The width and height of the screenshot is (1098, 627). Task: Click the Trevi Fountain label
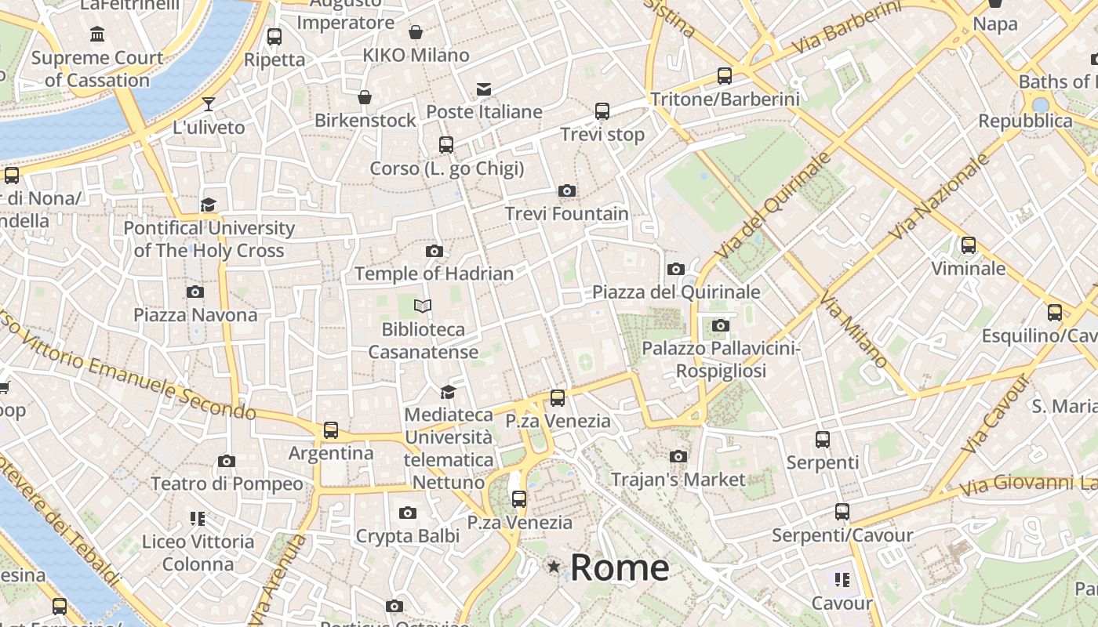[566, 213]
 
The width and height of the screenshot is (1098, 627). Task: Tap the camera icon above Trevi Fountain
[566, 190]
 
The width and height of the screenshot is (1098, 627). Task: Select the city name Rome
[620, 567]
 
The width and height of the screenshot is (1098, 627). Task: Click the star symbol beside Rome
[554, 566]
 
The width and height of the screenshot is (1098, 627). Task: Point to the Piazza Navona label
[195, 315]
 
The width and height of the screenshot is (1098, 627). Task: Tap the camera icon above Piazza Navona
[195, 292]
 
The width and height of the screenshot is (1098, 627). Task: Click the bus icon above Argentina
[331, 430]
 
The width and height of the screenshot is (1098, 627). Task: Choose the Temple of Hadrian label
[434, 274]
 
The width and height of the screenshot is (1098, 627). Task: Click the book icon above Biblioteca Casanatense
[423, 306]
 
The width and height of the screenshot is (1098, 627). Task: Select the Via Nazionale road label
[940, 197]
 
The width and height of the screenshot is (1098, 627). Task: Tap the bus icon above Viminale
[969, 245]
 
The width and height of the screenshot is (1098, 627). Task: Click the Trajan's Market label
[678, 479]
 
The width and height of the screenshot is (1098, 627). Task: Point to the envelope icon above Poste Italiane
[484, 89]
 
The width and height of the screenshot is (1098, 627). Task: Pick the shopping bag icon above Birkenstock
[365, 97]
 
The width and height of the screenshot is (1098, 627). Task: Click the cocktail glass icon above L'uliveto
[209, 103]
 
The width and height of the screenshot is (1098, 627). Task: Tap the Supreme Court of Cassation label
[97, 69]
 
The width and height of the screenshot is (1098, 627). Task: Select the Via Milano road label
[853, 329]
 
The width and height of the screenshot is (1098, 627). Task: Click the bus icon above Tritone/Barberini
[725, 76]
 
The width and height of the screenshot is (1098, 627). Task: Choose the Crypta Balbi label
[407, 536]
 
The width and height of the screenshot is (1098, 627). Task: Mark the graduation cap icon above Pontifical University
[208, 205]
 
